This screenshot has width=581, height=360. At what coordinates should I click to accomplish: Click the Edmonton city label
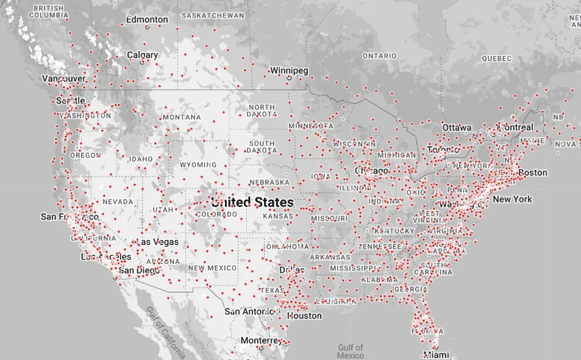tap(147, 19)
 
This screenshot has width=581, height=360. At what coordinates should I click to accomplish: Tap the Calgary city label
tap(142, 55)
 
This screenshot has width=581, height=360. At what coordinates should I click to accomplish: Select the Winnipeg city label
tap(289, 71)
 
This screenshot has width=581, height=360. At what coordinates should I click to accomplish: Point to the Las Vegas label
tap(158, 242)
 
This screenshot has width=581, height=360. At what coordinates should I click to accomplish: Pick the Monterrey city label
tap(261, 340)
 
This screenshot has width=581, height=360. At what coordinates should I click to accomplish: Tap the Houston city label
tap(304, 316)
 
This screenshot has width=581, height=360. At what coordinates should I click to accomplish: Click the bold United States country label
tap(252, 202)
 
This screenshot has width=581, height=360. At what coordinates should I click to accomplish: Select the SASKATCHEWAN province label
tap(213, 15)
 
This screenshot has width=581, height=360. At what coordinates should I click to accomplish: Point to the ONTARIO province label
tap(379, 55)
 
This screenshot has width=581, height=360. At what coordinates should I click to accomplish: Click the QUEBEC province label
tap(496, 58)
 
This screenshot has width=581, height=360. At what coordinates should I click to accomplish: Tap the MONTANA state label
tap(181, 117)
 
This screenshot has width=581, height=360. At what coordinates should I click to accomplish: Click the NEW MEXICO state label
tap(212, 268)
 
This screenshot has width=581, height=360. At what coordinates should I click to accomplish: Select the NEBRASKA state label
tap(269, 182)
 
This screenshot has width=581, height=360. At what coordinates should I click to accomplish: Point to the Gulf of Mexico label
tap(350, 351)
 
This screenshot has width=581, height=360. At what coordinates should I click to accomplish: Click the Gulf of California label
tap(165, 331)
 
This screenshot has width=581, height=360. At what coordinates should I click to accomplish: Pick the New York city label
tap(512, 199)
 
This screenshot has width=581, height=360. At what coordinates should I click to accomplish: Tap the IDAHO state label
tap(141, 159)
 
